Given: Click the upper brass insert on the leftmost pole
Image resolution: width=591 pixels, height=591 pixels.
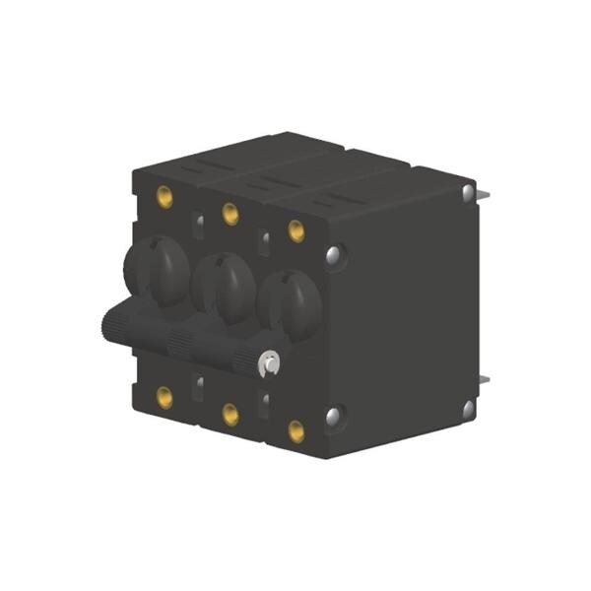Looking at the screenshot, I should pos(164,197).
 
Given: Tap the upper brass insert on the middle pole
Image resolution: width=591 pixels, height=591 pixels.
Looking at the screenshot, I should pos(230,213).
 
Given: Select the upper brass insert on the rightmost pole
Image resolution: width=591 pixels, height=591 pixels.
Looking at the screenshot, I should pos(295,230).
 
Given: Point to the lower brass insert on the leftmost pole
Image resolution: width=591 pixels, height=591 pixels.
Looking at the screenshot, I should pos(164,397).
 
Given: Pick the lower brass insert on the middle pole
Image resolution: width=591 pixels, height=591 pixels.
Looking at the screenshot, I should pos(230,415).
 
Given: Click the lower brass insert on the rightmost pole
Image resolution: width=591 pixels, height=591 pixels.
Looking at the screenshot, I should pos(295,430).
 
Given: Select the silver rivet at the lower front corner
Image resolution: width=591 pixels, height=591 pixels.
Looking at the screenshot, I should pos(335,418).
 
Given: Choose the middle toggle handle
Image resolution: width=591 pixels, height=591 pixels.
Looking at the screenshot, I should pos(225,286).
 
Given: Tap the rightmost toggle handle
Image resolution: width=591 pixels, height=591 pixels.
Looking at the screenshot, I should pos(290,302).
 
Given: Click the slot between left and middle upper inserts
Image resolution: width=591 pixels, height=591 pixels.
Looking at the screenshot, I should pos(198,228).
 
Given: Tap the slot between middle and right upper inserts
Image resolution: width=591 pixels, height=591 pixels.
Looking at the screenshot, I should pos(264,243).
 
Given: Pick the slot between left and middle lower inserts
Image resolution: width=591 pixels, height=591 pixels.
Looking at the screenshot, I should pos(198,383).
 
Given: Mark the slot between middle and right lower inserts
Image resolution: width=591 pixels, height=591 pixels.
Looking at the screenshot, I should pos(264,400).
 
